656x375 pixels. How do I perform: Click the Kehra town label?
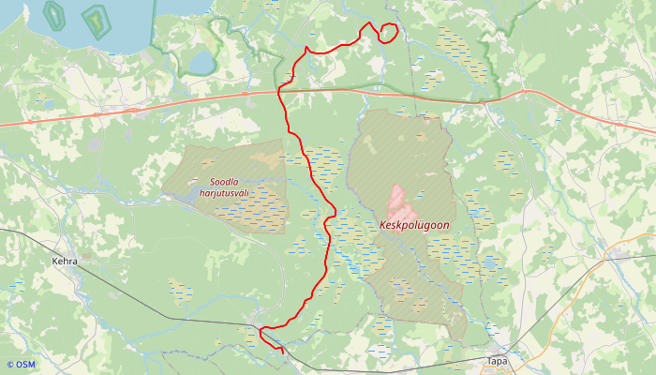(x=65, y=262)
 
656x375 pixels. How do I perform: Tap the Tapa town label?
(x=497, y=360)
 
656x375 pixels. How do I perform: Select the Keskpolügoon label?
(x=415, y=225)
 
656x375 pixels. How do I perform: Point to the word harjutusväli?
(x=224, y=194)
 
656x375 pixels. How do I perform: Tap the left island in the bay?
(x=53, y=13)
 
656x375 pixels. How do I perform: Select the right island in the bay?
(x=94, y=19)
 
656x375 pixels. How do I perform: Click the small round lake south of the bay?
(x=201, y=63)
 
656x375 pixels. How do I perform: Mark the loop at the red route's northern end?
(x=387, y=33)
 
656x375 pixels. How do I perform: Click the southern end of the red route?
(x=282, y=352)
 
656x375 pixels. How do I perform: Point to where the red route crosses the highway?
(x=282, y=91)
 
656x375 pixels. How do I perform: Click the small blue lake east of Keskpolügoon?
(x=490, y=263)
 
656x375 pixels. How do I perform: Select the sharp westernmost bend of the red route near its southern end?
(x=261, y=329)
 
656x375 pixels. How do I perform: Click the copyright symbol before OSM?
(x=10, y=365)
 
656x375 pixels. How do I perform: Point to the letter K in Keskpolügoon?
(x=384, y=225)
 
